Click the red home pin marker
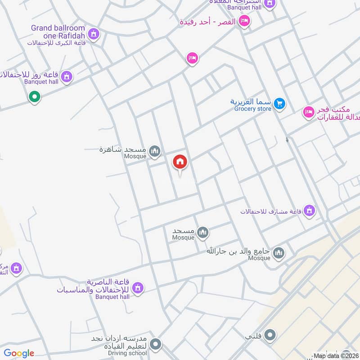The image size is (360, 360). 180,162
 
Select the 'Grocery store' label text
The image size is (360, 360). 252,108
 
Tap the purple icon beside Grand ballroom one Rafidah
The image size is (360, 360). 94,33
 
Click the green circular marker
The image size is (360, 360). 34,96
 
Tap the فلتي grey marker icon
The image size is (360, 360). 270,335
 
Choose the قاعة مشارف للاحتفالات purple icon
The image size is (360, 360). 309,210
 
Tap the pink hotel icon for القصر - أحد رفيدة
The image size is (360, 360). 244,21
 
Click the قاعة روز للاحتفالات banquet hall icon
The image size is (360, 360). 67,77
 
